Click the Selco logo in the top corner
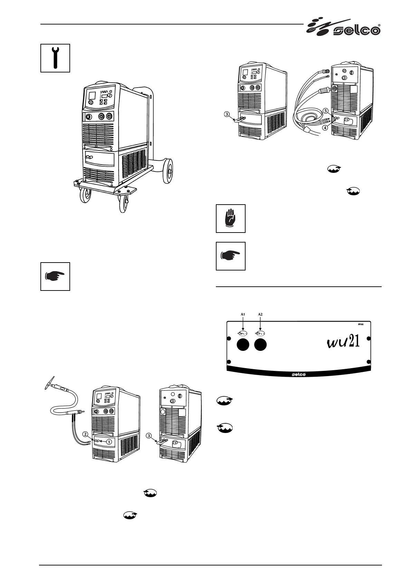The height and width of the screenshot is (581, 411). point(344,28)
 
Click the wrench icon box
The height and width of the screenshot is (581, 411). point(55,58)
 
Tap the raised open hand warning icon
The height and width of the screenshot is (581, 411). point(231,218)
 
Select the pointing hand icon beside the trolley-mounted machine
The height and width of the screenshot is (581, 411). point(55,276)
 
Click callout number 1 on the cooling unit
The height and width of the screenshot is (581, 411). point(109,441)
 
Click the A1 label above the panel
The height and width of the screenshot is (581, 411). point(243,314)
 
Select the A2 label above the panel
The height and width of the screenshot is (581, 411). point(261,314)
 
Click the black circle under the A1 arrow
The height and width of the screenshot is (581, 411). point(243,345)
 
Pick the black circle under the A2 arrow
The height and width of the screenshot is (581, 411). point(261,345)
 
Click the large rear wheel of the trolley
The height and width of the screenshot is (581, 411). point(168,170)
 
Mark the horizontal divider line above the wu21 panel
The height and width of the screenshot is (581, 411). point(299,286)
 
